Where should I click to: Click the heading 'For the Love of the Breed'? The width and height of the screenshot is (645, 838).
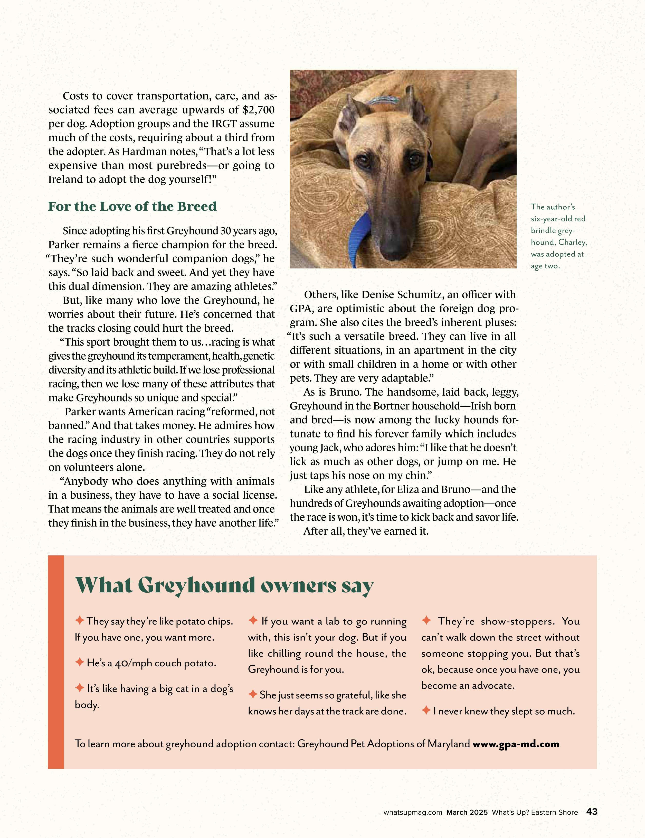(x=132, y=207)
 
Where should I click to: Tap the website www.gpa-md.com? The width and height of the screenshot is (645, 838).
(x=516, y=744)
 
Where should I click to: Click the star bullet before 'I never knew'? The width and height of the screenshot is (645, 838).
(x=426, y=710)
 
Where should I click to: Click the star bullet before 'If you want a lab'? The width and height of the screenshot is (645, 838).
(x=253, y=620)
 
